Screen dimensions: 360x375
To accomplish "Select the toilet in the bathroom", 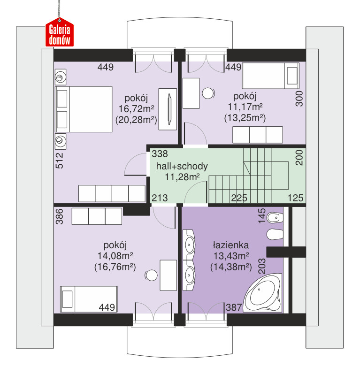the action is [275, 234].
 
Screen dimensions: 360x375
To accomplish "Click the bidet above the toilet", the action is [275, 217].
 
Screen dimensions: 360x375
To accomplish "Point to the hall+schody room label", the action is [182, 166].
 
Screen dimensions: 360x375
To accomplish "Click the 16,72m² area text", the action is [136, 109].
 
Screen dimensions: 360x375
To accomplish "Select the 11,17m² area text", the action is [245, 107].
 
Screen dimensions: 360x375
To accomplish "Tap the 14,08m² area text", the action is [115, 256].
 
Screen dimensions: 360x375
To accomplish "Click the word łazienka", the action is [231, 245].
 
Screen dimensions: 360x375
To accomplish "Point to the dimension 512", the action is [59, 161].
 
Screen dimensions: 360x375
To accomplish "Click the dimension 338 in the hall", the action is [160, 154].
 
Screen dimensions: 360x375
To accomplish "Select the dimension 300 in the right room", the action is [299, 99].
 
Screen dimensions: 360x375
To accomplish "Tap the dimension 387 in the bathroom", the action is [234, 307].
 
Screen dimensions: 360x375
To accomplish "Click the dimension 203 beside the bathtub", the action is [262, 266].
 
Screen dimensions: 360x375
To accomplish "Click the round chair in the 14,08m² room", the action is [151, 276].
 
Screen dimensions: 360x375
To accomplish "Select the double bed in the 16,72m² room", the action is [84, 109].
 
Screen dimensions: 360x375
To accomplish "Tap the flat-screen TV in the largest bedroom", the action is [169, 109].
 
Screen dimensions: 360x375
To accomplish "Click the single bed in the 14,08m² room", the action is [89, 299].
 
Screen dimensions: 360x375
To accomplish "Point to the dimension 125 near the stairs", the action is [295, 198].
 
